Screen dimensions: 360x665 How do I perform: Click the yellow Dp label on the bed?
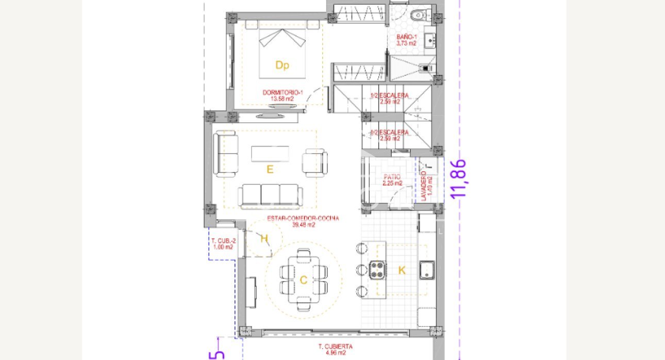[282, 66]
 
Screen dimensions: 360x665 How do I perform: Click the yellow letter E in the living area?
[270, 169]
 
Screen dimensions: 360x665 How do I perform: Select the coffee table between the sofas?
[270, 154]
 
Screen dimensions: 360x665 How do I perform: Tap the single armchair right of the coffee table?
[314, 162]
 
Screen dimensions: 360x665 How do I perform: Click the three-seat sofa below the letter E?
[268, 194]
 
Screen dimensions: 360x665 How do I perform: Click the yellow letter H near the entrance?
[264, 238]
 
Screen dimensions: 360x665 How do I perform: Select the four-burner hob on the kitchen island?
[377, 270]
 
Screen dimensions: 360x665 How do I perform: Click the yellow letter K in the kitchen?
[402, 270]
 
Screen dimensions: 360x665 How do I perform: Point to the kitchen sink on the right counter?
[426, 270]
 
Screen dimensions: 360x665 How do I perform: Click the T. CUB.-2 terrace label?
[223, 244]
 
